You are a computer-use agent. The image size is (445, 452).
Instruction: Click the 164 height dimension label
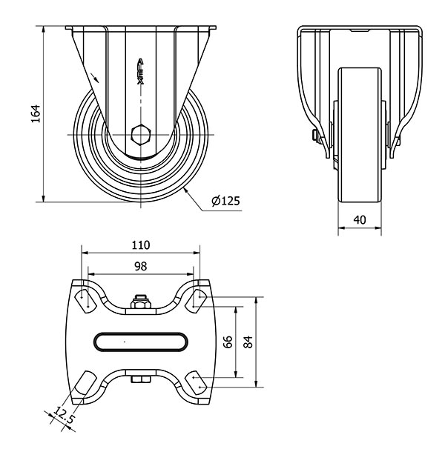pyautogui.click(x=36, y=113)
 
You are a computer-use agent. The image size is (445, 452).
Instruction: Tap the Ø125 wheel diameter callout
pyautogui.click(x=225, y=201)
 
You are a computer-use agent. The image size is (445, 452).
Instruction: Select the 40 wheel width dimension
pyautogui.click(x=360, y=220)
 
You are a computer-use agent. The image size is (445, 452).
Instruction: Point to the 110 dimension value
pyautogui.click(x=141, y=245)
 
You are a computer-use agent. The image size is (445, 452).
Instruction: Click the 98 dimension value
pyautogui.click(x=140, y=266)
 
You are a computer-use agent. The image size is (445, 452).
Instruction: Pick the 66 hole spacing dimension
pyautogui.click(x=228, y=342)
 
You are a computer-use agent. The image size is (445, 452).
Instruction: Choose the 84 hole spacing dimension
pyautogui.click(x=248, y=342)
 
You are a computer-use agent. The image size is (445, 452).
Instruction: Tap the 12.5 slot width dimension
pyautogui.click(x=63, y=414)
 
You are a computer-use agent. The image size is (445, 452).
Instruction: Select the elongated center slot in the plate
pyautogui.click(x=140, y=342)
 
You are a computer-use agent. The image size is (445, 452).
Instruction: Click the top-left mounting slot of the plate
pyautogui.click(x=85, y=302)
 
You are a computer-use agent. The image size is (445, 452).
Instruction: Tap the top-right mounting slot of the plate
pyautogui.click(x=196, y=300)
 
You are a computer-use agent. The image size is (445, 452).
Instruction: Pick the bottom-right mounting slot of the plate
pyautogui.click(x=196, y=383)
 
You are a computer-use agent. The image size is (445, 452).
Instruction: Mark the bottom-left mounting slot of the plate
pyautogui.click(x=85, y=382)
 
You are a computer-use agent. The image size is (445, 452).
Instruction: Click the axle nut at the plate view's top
pyautogui.click(x=140, y=302)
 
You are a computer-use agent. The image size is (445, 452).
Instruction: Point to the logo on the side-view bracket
pyautogui.click(x=140, y=71)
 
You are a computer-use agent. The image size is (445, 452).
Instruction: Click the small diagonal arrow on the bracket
pyautogui.click(x=94, y=78)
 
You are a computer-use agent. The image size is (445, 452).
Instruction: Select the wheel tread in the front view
pyautogui.click(x=360, y=135)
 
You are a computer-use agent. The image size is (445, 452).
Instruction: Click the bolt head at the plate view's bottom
pyautogui.click(x=141, y=379)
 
